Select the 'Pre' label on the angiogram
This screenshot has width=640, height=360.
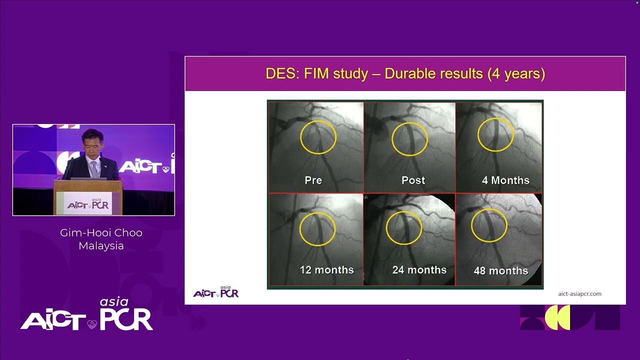(313, 180)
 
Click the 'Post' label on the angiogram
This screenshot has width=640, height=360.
(413, 180)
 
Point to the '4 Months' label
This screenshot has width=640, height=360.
(505, 180)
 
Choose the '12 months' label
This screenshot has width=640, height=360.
(327, 270)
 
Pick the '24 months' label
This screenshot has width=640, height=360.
(419, 270)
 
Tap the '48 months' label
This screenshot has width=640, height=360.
(501, 271)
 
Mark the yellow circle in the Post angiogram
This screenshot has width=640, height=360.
(392, 139)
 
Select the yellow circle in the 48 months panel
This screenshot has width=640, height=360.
(471, 225)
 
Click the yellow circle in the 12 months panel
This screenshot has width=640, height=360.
(300, 229)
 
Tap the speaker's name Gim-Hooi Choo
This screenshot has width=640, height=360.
(101, 233)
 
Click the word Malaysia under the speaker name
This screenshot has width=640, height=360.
(101, 245)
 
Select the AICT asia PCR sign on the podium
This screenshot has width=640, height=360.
(88, 203)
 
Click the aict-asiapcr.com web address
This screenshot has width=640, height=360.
(579, 294)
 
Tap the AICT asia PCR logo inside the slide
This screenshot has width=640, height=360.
(216, 291)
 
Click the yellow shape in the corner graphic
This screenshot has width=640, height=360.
(557, 317)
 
